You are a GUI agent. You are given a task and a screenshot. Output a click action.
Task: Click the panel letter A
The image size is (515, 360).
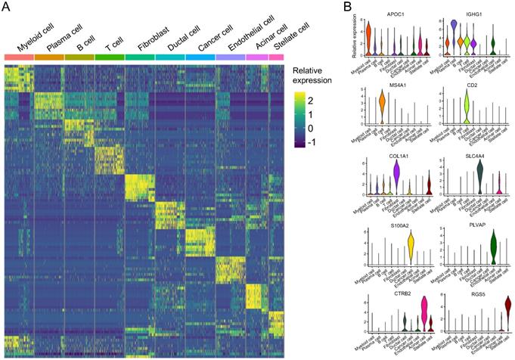(x=6, y=7)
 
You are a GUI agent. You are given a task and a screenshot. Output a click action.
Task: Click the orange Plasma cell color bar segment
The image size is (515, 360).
(x=49, y=57)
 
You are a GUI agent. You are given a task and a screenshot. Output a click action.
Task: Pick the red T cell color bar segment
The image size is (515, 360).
(x=110, y=57)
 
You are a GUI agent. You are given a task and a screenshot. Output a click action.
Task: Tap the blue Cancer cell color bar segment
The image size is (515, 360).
(x=200, y=57)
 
